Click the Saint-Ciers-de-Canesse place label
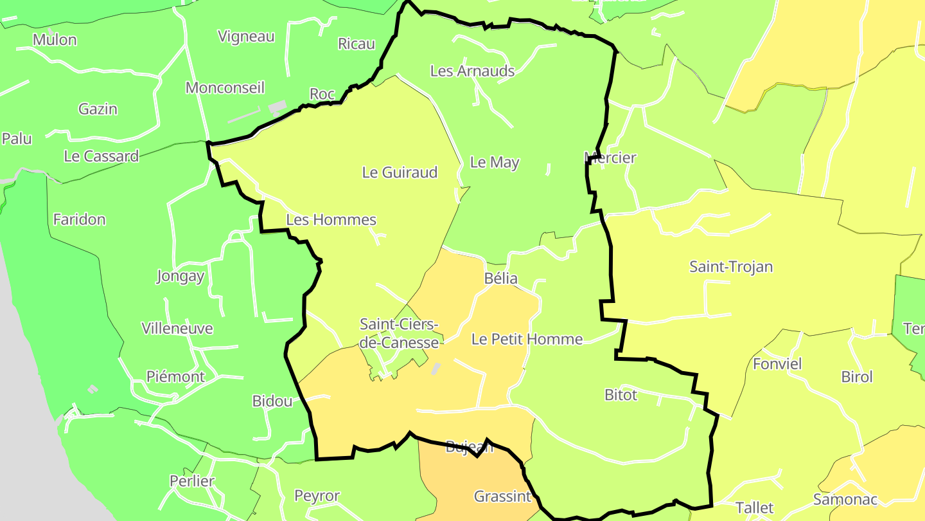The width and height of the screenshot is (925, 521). [399, 333]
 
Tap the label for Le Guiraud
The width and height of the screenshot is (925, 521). [400, 172]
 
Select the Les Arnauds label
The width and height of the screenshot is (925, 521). [472, 71]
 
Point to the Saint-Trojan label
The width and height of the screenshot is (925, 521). [730, 266]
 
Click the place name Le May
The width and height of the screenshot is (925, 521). [494, 163]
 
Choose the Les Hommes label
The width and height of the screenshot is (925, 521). [331, 220]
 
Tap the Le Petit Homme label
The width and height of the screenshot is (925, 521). [527, 340]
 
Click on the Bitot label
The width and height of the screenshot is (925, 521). [621, 395]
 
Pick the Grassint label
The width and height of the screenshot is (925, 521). [502, 497]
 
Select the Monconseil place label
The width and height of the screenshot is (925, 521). [225, 88]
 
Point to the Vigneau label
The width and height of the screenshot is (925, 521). [246, 37]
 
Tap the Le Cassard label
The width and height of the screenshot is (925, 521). [101, 156]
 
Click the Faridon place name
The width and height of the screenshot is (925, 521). [79, 220]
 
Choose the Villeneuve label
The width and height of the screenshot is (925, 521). [177, 329]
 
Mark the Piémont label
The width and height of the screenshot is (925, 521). [175, 377]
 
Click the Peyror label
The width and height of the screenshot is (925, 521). [317, 496]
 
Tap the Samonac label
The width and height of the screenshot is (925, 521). [845, 500]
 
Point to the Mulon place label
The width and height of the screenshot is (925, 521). [55, 40]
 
